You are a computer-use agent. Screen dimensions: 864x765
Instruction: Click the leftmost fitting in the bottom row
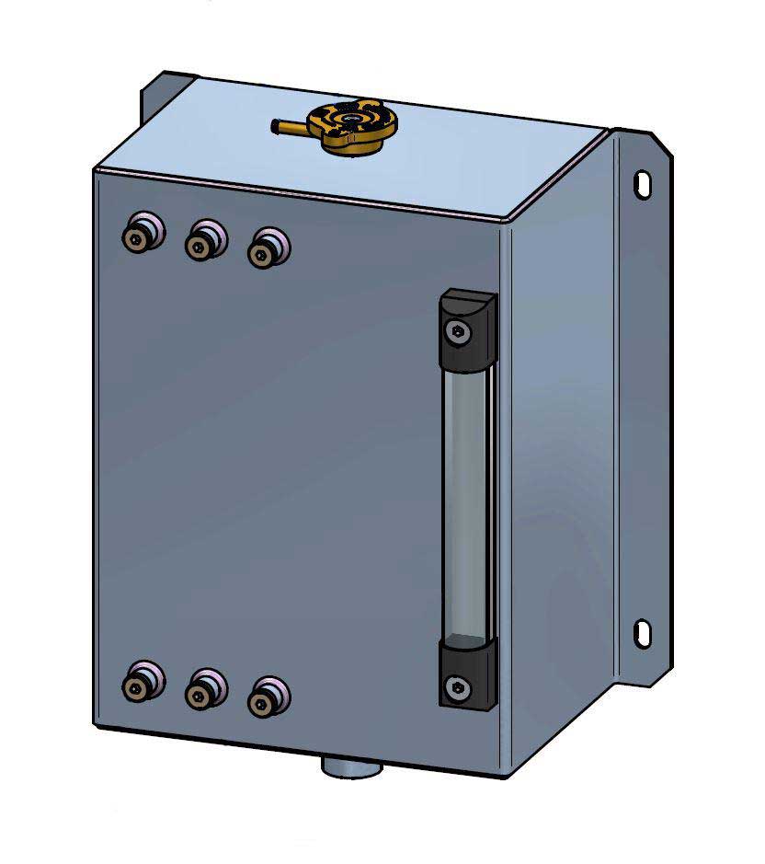(141, 683)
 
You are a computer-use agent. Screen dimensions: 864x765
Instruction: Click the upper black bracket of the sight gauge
(467, 323)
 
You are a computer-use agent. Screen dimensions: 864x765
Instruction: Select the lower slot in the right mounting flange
(643, 632)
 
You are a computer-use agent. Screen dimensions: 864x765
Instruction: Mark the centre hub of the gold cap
(350, 120)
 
